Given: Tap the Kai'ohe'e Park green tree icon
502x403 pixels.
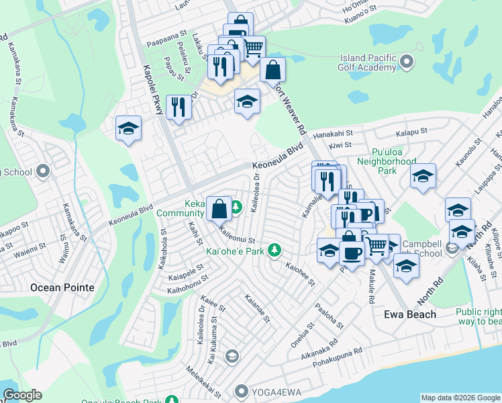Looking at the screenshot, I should [x=274, y=251].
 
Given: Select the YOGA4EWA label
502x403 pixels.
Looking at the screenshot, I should [x=275, y=391].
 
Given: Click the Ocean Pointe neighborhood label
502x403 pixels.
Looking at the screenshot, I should [x=62, y=287].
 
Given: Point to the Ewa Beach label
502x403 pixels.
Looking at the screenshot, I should [x=409, y=314].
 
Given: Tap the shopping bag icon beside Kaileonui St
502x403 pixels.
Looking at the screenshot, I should [x=219, y=208].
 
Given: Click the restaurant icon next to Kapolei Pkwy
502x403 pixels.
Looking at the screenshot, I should [x=178, y=107].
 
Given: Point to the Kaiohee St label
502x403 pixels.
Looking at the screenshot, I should [x=300, y=275].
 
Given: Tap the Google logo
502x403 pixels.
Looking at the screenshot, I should [x=21, y=395].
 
